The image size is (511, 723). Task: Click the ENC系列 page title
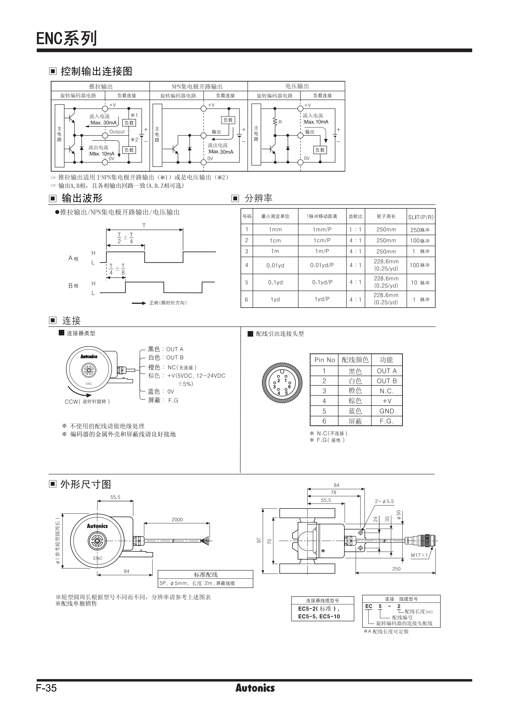click(x=66, y=38)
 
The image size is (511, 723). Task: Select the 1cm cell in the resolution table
click(x=275, y=240)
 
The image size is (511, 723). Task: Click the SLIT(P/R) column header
click(x=421, y=217)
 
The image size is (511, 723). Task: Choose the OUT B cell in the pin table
click(x=387, y=381)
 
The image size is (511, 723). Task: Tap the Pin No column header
click(x=325, y=360)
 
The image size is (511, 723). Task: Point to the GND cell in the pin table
click(x=387, y=411)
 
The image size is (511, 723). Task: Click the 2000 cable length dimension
click(x=177, y=520)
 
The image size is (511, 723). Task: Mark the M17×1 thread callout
click(x=419, y=555)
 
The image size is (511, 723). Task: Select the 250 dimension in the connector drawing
click(x=396, y=569)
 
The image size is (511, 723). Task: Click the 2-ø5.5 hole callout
click(x=384, y=501)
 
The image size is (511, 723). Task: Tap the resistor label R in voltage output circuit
click(x=280, y=122)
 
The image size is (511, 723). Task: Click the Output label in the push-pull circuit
click(x=117, y=132)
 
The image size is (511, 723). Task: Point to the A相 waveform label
click(x=73, y=258)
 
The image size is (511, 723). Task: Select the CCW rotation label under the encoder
click(x=87, y=402)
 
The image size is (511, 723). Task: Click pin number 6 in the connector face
click(x=289, y=386)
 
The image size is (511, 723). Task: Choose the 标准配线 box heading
click(x=206, y=575)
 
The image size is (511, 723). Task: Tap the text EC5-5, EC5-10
click(x=319, y=617)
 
